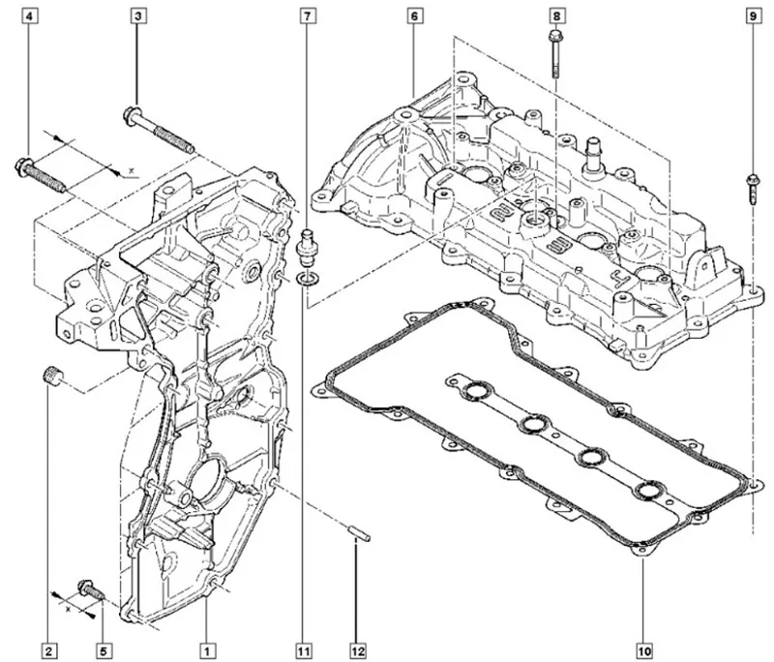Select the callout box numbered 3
138,16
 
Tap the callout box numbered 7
308,16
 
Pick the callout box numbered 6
413,16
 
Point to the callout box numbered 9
752,16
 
